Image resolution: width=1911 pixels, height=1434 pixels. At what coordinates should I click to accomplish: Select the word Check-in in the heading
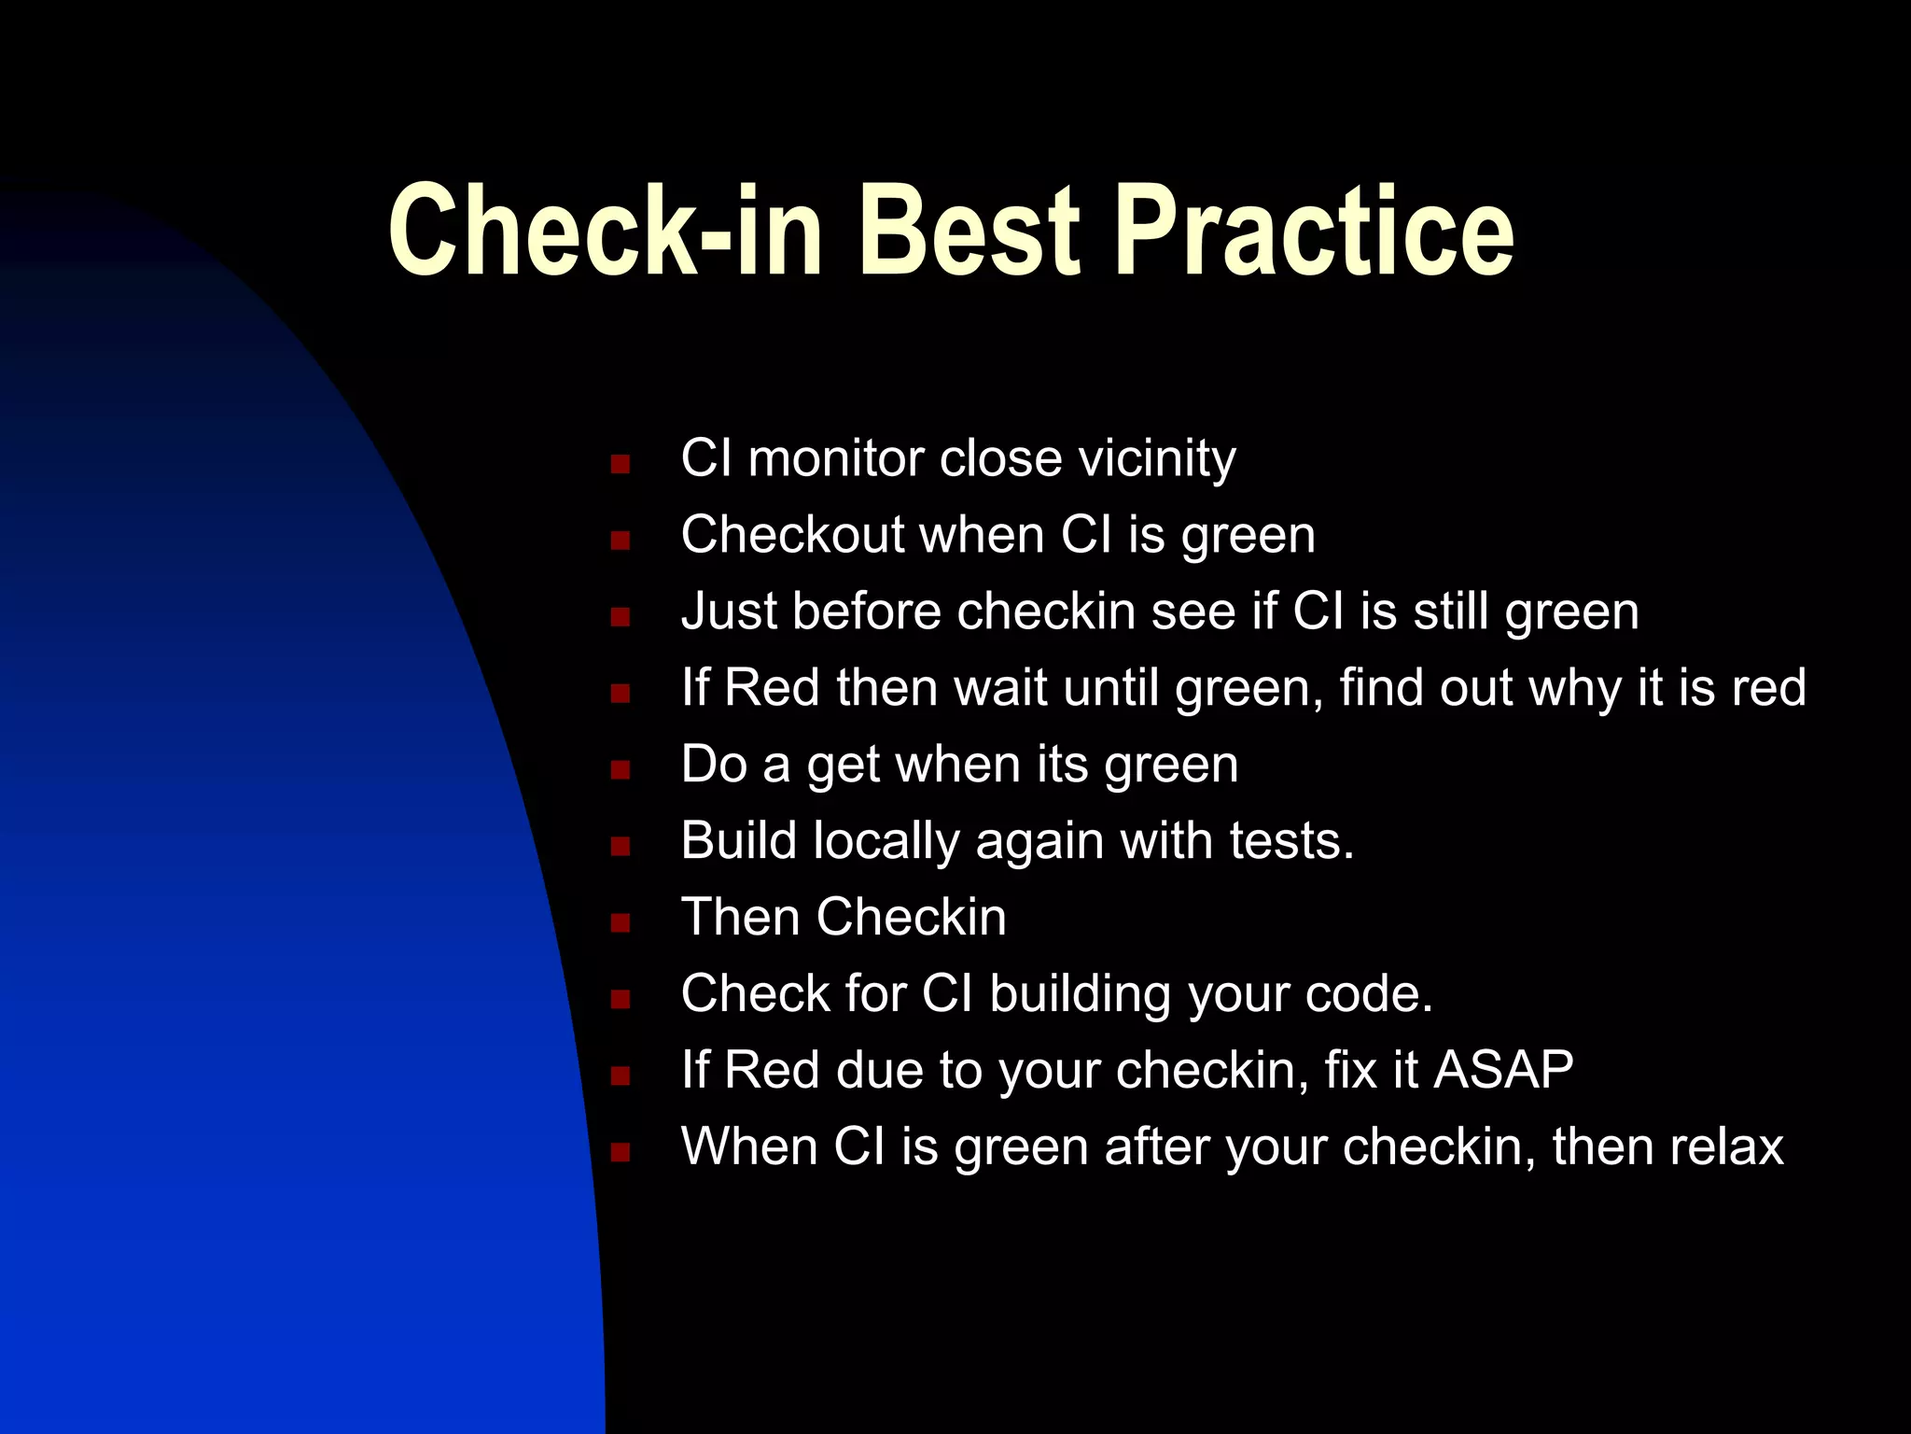pos(605,232)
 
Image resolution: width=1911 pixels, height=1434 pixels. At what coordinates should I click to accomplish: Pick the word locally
pos(886,842)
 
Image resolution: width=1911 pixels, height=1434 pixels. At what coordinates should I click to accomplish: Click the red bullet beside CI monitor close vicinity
pos(621,464)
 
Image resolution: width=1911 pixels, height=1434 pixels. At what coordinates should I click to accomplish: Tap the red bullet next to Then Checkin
pos(621,922)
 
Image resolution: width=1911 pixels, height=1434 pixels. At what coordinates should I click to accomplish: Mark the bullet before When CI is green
pos(621,1152)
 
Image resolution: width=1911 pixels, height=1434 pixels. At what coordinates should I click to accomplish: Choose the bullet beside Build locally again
pos(621,846)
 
